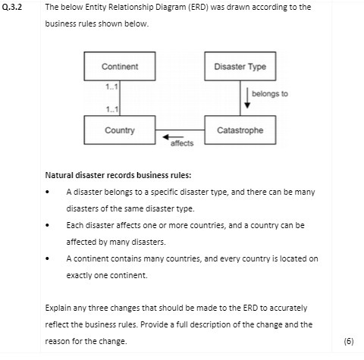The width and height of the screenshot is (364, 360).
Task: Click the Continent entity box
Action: pyautogui.click(x=120, y=67)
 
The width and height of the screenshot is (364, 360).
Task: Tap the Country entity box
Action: pyautogui.click(x=120, y=130)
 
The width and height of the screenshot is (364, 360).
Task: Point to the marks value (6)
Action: pyautogui.click(x=349, y=341)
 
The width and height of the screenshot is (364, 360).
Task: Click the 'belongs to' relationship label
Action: pyautogui.click(x=275, y=94)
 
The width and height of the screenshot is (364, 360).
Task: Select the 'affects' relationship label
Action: pyautogui.click(x=182, y=142)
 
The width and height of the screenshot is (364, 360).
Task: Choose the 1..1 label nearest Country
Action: pyautogui.click(x=111, y=111)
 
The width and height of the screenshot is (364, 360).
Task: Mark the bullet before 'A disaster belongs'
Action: pyautogui.click(x=49, y=193)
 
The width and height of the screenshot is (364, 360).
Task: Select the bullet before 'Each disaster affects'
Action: pyautogui.click(x=49, y=226)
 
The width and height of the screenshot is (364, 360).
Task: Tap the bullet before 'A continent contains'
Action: pyautogui.click(x=49, y=259)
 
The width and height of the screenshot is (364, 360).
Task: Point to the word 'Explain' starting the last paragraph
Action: pyautogui.click(x=58, y=308)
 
